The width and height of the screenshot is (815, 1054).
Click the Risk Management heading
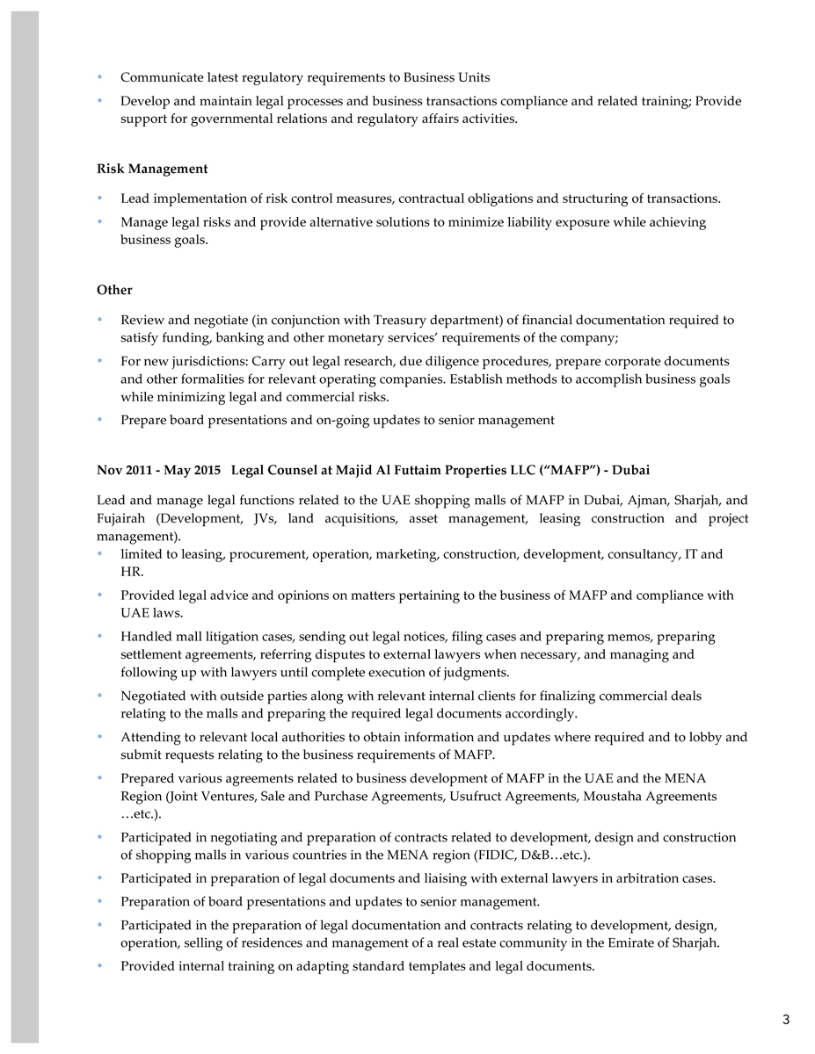[x=152, y=169]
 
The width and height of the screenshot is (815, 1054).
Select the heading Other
[x=114, y=290]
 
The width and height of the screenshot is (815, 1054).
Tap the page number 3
[x=786, y=1019]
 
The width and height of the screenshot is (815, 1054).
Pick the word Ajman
[x=648, y=501]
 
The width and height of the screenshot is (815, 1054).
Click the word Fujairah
[x=121, y=518]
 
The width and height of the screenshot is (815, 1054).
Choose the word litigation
[x=212, y=637]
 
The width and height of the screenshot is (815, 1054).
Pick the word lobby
[x=706, y=738]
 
